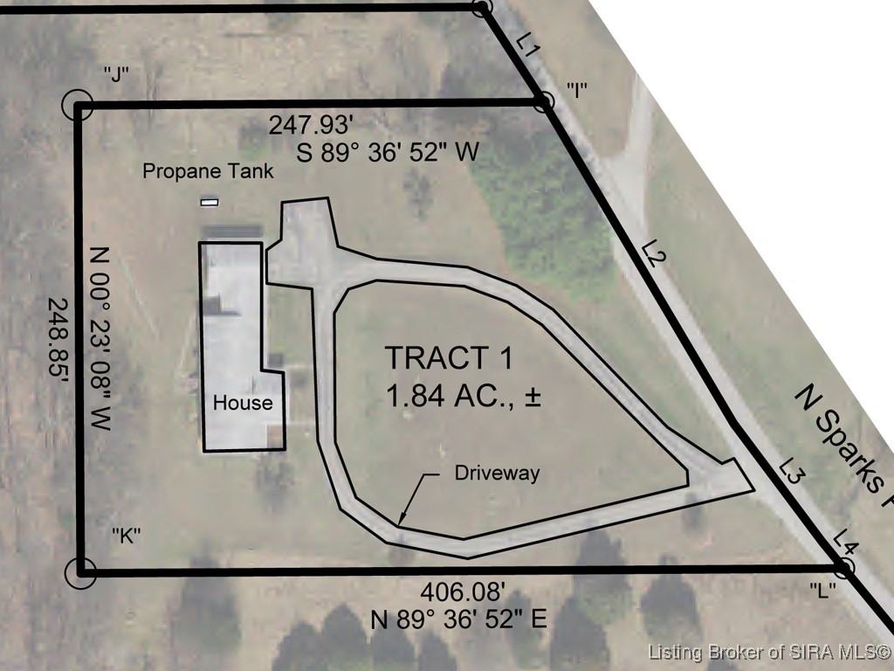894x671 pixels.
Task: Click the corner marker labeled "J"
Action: click(x=77, y=105)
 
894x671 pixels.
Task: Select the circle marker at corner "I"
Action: click(x=545, y=102)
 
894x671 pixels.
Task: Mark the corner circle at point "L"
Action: click(x=843, y=568)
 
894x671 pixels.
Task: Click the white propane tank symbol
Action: click(x=210, y=202)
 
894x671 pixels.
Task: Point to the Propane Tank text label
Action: click(x=208, y=171)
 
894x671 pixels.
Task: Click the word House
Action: click(x=243, y=403)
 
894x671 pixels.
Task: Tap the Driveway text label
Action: click(x=497, y=473)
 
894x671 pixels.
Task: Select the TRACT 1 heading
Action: click(x=450, y=357)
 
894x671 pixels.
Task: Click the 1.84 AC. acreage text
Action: click(x=463, y=396)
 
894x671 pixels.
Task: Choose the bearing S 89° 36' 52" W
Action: click(x=388, y=152)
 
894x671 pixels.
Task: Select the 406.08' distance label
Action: click(x=463, y=592)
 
